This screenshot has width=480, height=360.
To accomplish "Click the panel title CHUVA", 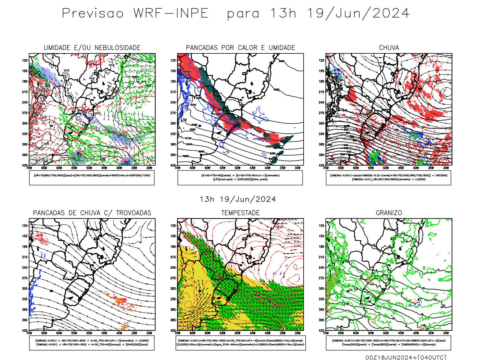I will click(389, 48).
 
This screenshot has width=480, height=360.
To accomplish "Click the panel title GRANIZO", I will click(389, 213).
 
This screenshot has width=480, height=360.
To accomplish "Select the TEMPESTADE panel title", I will click(240, 213).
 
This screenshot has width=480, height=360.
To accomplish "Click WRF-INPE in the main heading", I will click(171, 13).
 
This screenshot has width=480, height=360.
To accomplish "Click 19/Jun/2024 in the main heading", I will click(358, 13).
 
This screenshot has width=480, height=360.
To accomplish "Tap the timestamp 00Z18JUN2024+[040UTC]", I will click(406, 357).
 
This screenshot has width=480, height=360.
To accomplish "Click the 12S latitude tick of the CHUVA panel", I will click(322, 60).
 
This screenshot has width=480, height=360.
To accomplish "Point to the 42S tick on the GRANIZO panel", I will click(322, 330).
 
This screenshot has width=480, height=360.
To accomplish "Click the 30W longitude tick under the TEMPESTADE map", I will click(297, 333).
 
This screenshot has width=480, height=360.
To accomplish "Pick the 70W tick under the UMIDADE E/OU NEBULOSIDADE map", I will click(29, 168).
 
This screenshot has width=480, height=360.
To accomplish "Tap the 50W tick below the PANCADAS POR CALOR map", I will click(237, 168).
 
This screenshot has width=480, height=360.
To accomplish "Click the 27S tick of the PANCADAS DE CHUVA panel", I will click(25, 278).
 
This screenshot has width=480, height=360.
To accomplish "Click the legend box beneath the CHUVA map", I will click(388, 178).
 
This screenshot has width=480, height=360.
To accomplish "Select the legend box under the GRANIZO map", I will click(388, 343).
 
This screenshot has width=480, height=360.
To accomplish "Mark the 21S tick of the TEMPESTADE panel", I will click(173, 257).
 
